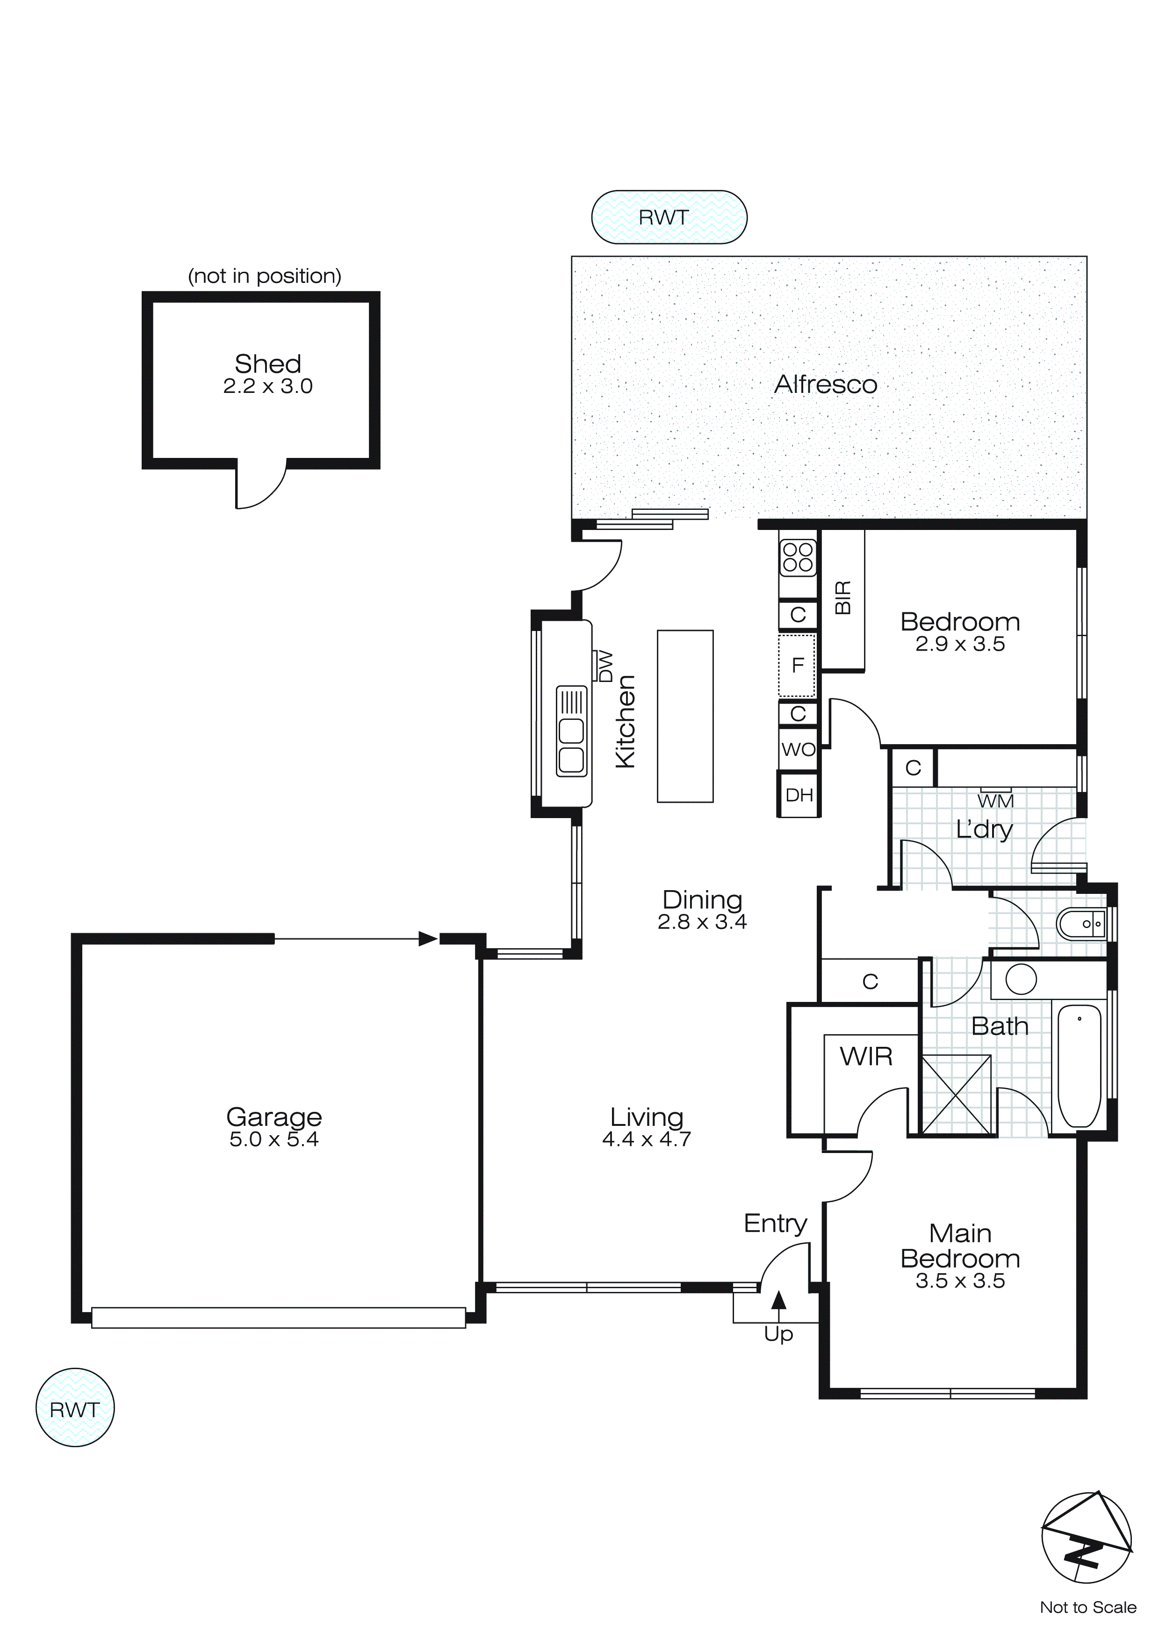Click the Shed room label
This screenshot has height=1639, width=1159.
[x=267, y=364]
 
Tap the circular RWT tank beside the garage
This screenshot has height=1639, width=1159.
[x=74, y=1408]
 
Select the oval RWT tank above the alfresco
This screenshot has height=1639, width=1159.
[x=669, y=217]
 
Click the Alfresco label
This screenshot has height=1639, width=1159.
[x=826, y=385]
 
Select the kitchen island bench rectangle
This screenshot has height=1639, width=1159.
[x=684, y=716]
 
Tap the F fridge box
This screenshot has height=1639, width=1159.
[x=797, y=665]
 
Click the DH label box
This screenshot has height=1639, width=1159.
[x=799, y=795]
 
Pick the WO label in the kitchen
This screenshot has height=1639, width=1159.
[x=798, y=749]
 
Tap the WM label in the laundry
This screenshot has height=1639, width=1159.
[x=995, y=801]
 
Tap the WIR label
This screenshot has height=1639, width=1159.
[x=866, y=1056]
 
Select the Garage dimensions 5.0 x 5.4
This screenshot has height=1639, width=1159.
[x=274, y=1139]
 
